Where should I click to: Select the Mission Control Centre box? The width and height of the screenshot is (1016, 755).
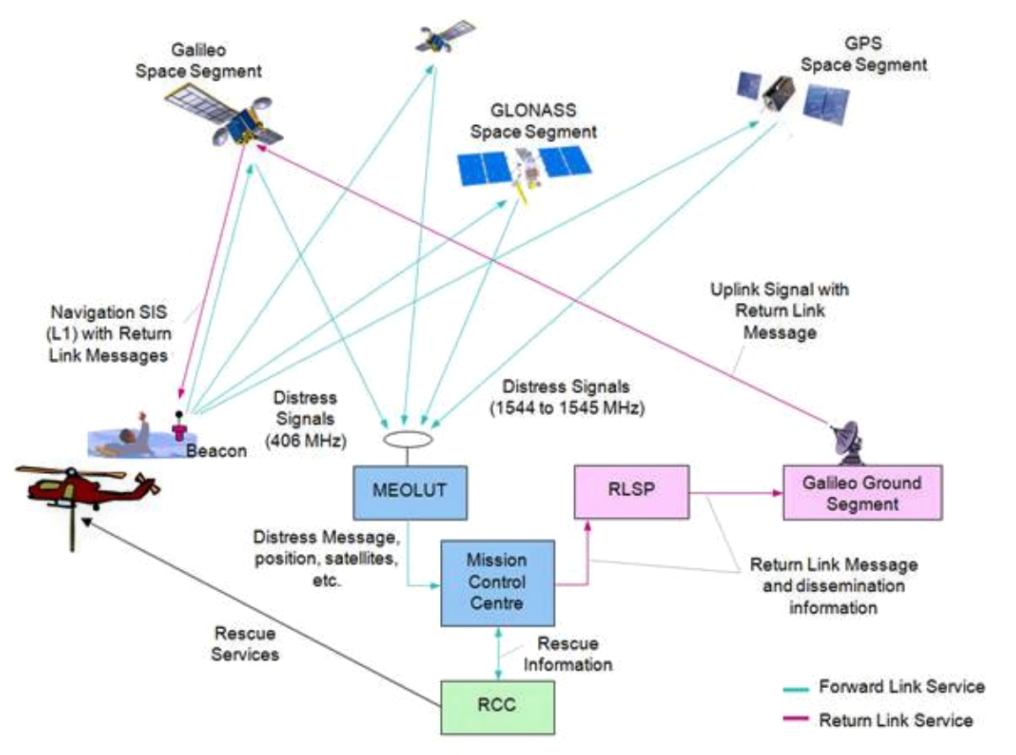pos(497,582)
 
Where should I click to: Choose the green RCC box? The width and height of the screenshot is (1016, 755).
pos(497,705)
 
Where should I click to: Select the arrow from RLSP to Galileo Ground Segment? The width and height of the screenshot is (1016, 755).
pos(736,493)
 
